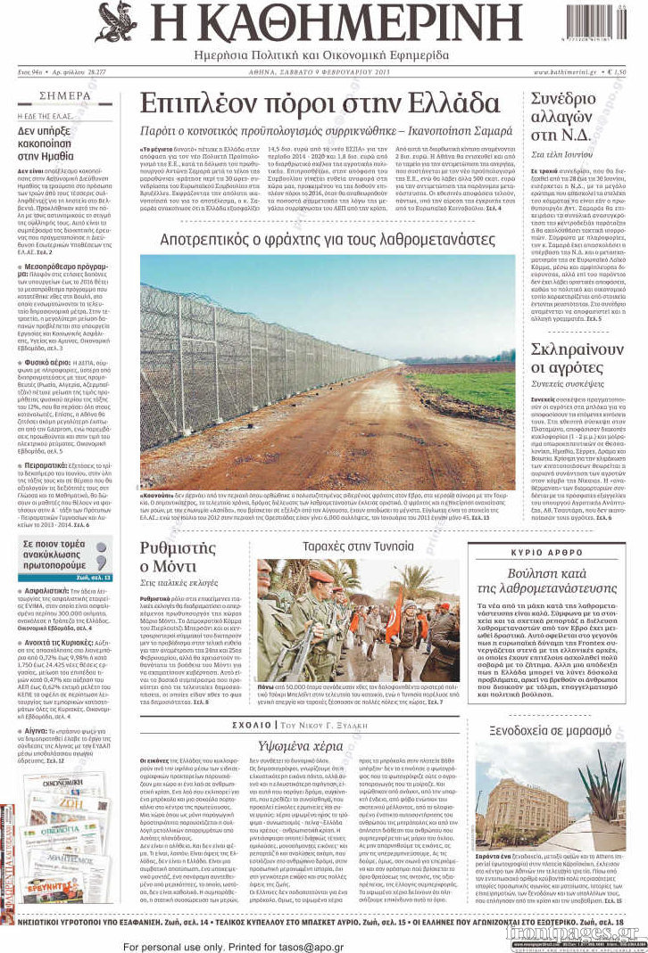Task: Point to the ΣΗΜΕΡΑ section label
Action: tap(65, 95)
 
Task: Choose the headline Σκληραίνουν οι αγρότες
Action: tap(577, 357)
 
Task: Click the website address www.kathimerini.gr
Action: tap(567, 70)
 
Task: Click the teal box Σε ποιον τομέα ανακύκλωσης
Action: tap(65, 553)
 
